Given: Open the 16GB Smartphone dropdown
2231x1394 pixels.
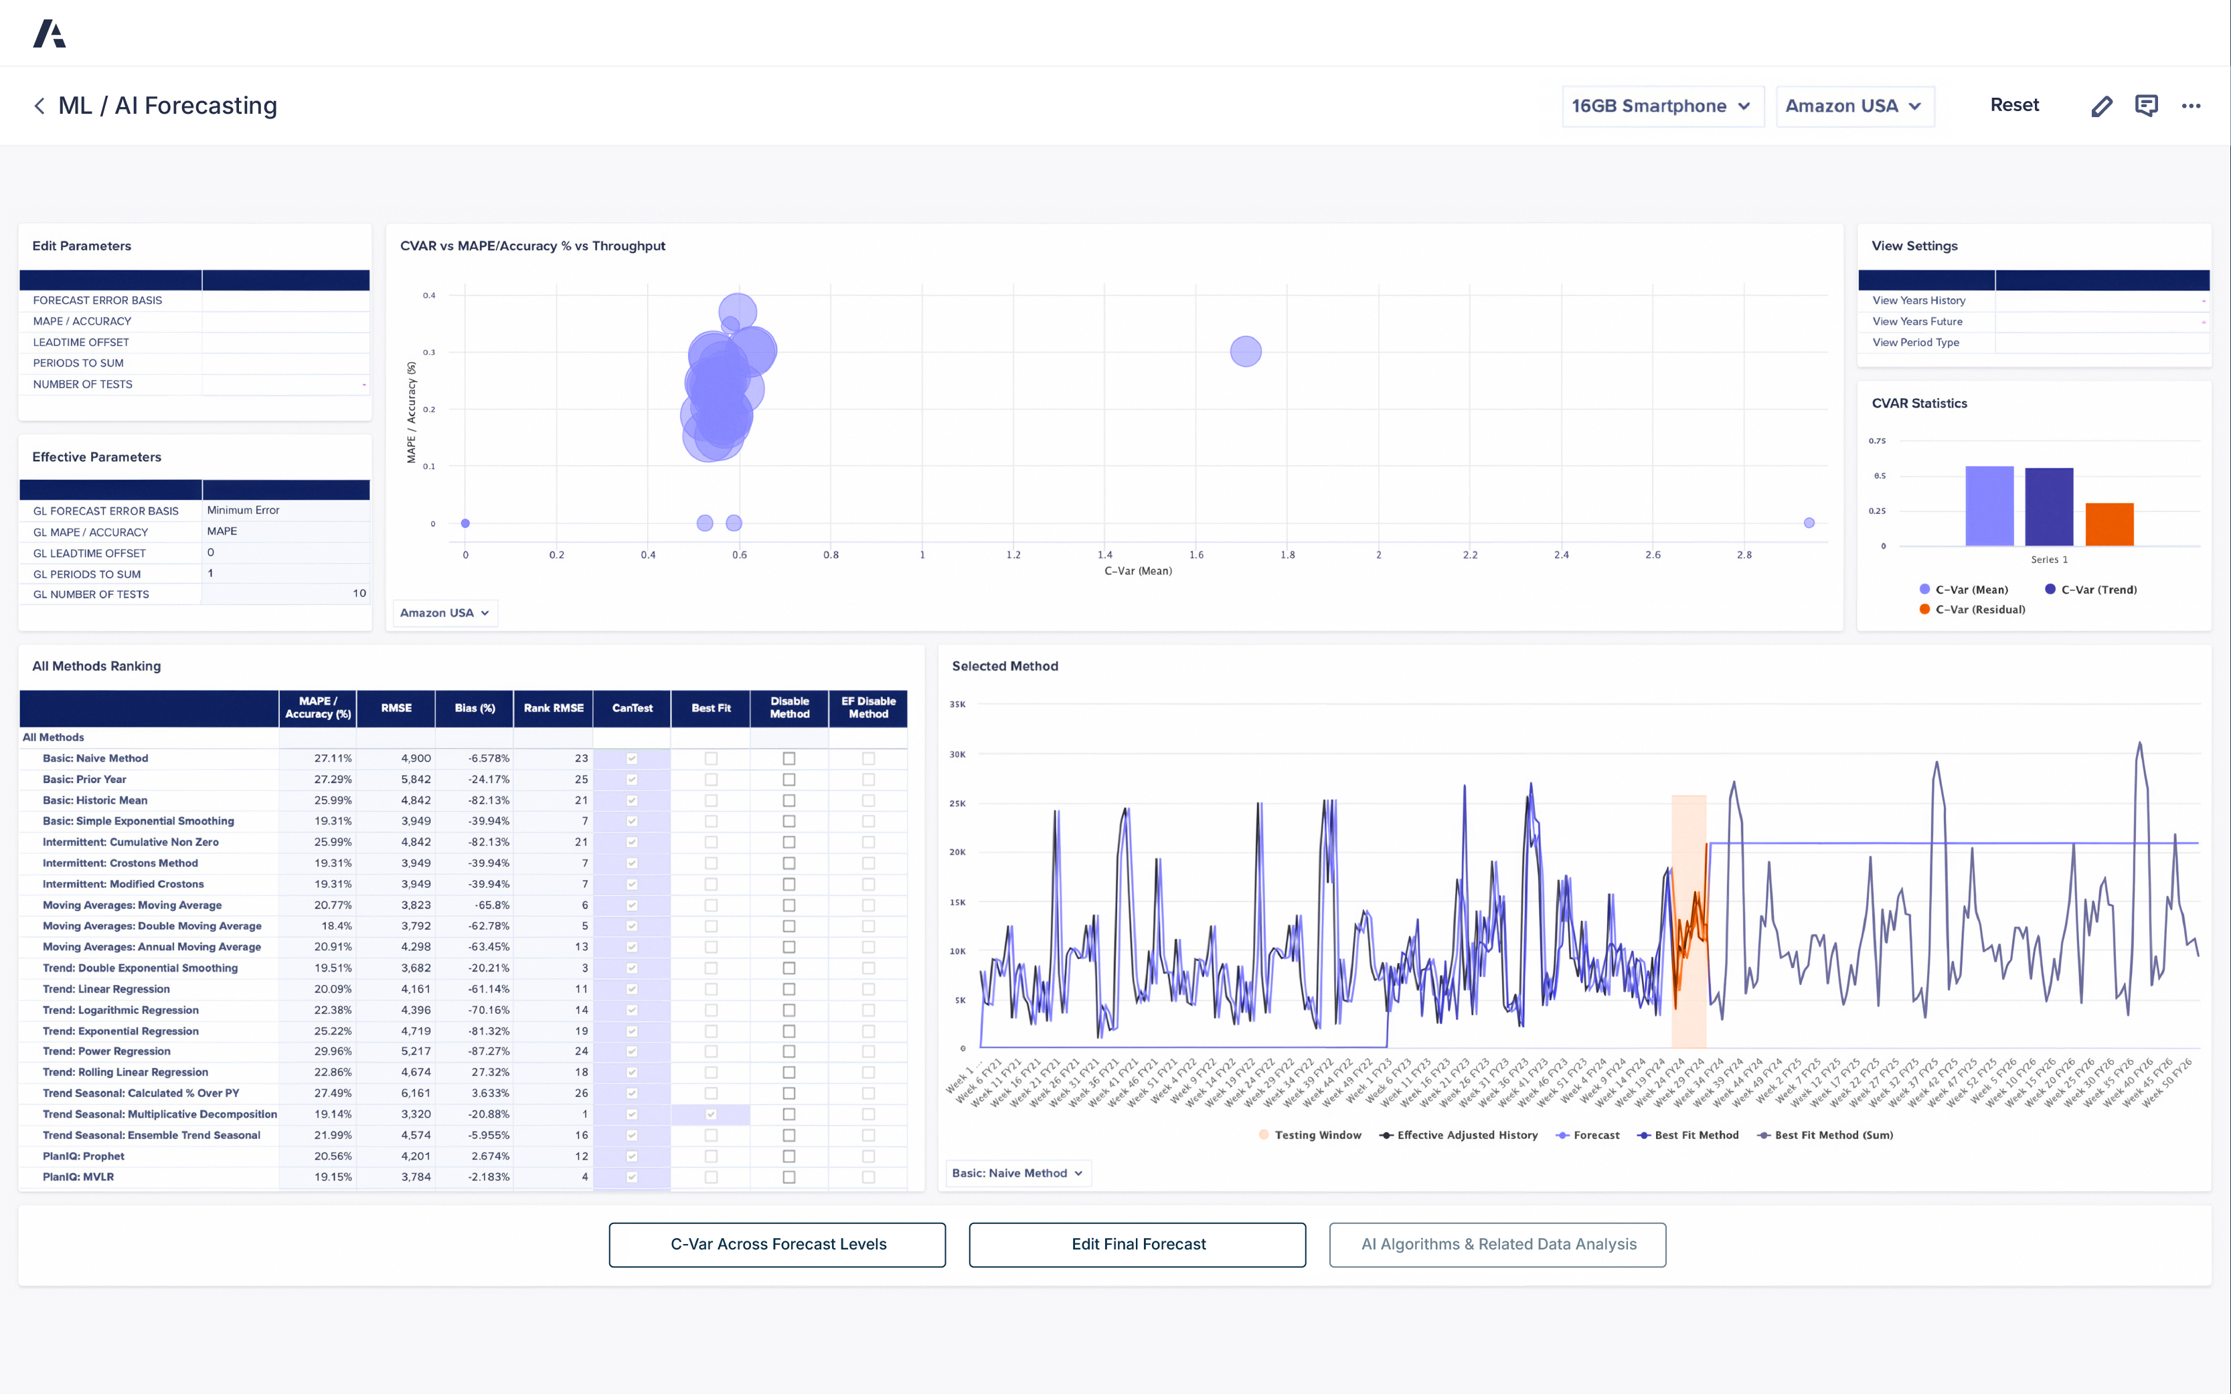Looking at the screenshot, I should coord(1661,106).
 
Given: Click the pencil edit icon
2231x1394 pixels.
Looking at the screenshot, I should coord(2101,106).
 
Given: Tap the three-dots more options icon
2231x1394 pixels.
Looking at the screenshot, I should coord(2190,106).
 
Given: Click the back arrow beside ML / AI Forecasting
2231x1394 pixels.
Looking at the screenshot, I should coord(39,106).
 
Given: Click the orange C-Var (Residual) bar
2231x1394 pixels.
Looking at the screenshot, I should coord(2109,524).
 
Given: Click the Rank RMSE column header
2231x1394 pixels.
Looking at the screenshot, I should coord(553,708).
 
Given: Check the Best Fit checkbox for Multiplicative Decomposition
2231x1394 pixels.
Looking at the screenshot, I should coord(711,1114).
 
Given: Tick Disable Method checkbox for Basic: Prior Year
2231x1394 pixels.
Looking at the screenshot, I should coord(789,779).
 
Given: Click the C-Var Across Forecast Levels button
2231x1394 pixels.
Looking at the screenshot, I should coord(777,1243).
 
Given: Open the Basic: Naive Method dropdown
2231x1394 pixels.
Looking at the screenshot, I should coord(1017,1172).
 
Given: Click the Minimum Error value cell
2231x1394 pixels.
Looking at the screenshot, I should coord(286,510).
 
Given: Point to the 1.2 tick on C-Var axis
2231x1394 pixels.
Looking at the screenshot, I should coord(1013,555).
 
